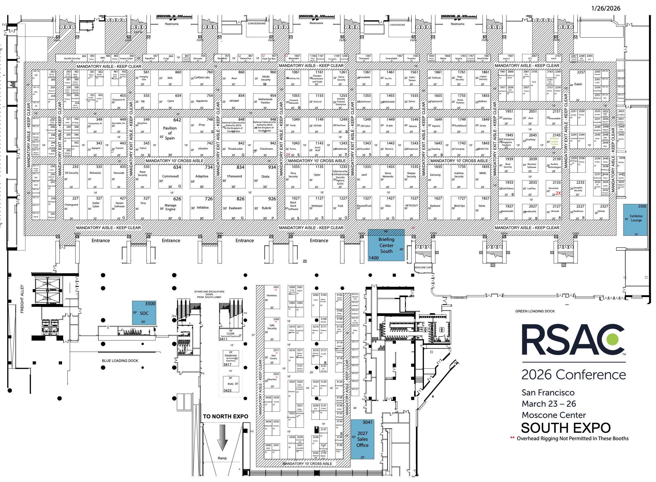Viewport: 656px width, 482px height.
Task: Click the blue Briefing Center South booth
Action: tap(386, 245)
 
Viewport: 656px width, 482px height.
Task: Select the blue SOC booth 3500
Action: tap(144, 313)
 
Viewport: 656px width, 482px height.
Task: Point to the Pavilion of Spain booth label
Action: tap(170, 133)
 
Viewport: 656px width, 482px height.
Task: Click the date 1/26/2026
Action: tap(606, 8)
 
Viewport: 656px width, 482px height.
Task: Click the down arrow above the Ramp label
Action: tap(222, 438)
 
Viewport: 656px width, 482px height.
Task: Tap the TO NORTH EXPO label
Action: tap(225, 416)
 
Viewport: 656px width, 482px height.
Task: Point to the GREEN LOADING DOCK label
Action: tap(535, 311)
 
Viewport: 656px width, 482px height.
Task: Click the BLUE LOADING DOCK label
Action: tap(120, 361)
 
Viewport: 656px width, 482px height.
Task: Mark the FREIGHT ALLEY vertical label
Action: tap(22, 299)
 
